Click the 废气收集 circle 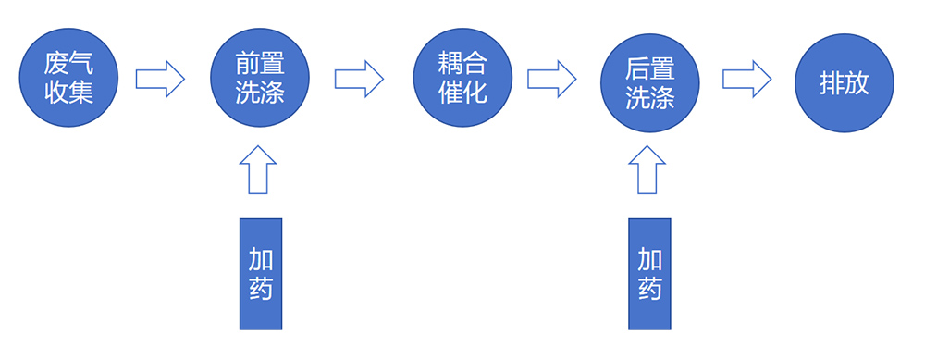pyautogui.click(x=68, y=78)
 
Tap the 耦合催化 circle pyautogui.click(x=462, y=78)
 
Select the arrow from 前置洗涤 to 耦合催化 pyautogui.click(x=359, y=78)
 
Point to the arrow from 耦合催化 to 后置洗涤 pyautogui.click(x=552, y=78)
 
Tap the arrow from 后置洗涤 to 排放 pyautogui.click(x=746, y=78)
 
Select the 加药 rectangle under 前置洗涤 pyautogui.click(x=260, y=274)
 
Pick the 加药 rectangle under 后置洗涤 pyautogui.click(x=649, y=274)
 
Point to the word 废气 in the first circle pyautogui.click(x=68, y=63)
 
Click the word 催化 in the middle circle pyautogui.click(x=462, y=93)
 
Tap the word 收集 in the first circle pyautogui.click(x=68, y=93)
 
